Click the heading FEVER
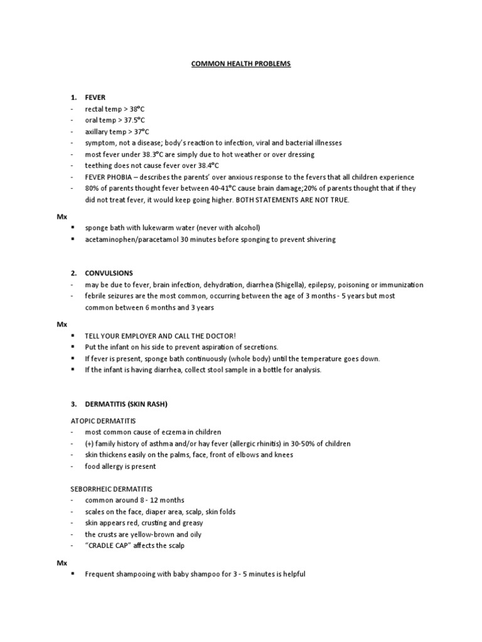95,98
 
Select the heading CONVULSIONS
109,273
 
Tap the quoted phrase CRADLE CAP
108,545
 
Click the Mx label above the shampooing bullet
62,562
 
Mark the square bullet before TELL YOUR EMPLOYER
74,335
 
